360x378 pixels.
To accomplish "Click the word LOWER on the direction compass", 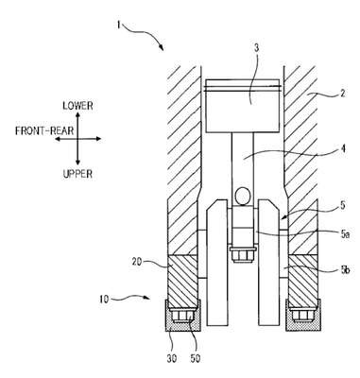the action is (x=77, y=106).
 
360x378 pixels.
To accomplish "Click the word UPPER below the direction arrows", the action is (x=77, y=174).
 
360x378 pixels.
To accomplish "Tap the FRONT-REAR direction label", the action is (x=44, y=130).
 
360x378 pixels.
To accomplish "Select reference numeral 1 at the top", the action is (x=118, y=25).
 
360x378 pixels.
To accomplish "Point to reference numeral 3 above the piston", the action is (x=256, y=48).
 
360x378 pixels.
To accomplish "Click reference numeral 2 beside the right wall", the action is (x=343, y=94).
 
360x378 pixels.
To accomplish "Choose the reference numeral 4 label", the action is (x=343, y=148).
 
